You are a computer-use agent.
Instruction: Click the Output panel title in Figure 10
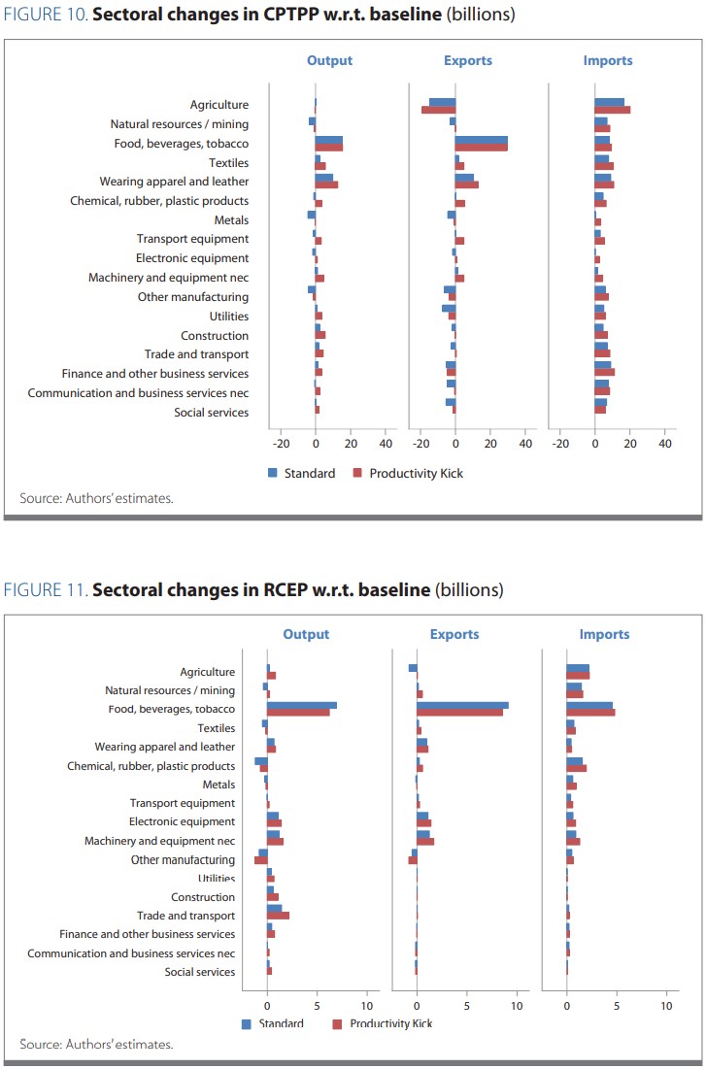[x=329, y=60]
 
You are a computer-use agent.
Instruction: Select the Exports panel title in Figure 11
[x=454, y=634]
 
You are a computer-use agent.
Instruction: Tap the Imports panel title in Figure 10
[x=607, y=60]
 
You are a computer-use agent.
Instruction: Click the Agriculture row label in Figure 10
[x=219, y=104]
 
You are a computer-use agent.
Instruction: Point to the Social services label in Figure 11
[x=200, y=972]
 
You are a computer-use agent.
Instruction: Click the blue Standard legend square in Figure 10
[x=273, y=473]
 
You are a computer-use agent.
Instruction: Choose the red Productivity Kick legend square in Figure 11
[x=338, y=1023]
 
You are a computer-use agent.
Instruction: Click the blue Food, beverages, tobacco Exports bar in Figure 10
[x=482, y=140]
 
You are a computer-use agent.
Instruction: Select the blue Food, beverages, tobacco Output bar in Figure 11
[x=302, y=705]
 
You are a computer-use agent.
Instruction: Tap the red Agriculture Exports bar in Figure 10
[x=438, y=110]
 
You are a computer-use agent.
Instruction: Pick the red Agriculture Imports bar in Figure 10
[x=613, y=110]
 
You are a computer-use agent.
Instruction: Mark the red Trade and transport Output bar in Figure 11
[x=278, y=915]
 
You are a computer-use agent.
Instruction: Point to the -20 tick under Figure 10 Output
[x=281, y=444]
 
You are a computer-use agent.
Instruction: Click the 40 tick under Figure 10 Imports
[x=665, y=444]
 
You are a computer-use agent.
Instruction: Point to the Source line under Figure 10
[x=96, y=498]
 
